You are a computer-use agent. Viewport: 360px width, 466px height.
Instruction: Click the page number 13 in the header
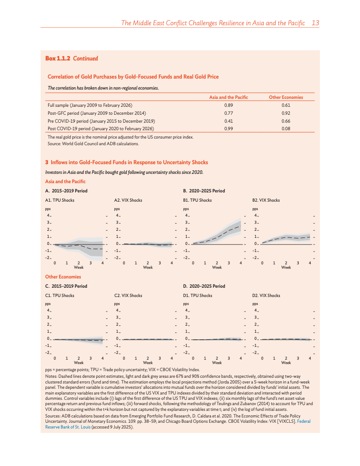[315, 23]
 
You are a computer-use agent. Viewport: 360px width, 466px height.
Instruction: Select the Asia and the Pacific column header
[229, 97]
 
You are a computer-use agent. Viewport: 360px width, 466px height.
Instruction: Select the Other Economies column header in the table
[286, 97]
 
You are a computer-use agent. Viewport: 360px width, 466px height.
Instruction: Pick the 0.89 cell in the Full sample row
[229, 105]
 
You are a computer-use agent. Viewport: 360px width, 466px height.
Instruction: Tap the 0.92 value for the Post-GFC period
[286, 113]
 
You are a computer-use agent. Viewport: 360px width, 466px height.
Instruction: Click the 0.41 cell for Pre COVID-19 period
[229, 120]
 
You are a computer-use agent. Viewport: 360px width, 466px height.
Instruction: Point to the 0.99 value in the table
[229, 128]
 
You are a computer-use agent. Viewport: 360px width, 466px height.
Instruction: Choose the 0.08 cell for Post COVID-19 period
[286, 128]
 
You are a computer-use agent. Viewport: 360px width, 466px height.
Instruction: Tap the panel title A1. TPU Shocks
[60, 200]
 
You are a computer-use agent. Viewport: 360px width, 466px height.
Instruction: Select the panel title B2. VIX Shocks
[266, 200]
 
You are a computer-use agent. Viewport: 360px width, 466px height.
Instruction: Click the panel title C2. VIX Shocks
[128, 295]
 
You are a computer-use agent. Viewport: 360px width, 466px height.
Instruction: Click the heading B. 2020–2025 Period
[204, 191]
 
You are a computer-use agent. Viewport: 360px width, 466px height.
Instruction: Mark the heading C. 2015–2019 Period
[66, 286]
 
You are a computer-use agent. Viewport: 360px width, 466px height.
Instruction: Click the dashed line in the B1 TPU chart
[225, 233]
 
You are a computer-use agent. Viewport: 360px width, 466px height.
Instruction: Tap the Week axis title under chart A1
[79, 267]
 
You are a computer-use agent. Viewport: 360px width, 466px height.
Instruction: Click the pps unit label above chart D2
[255, 304]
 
